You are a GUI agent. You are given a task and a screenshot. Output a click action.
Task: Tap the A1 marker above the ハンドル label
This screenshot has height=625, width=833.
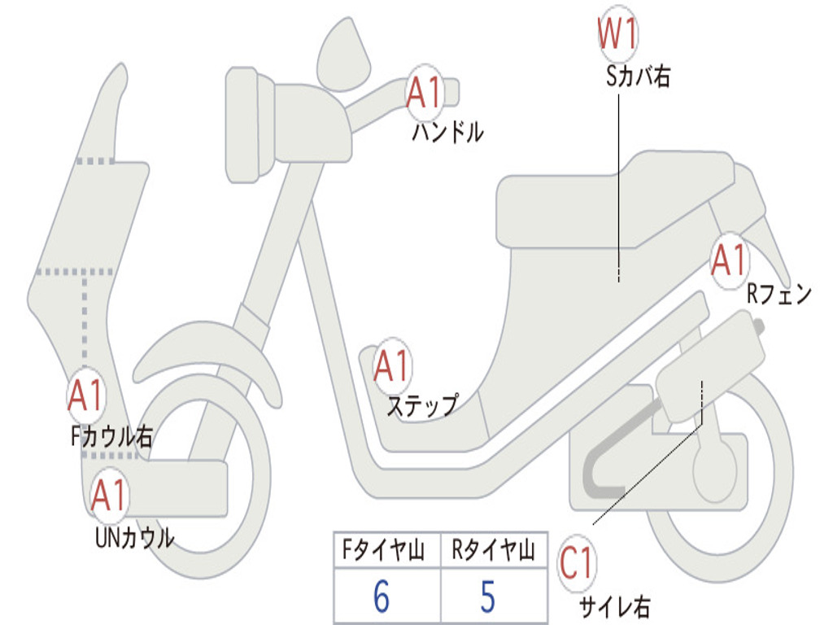(424, 93)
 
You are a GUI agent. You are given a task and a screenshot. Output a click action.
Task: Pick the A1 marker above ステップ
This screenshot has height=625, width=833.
(392, 365)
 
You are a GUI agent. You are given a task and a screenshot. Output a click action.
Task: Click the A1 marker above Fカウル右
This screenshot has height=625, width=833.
(85, 396)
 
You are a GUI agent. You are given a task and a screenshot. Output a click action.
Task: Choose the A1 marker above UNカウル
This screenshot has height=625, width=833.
(108, 496)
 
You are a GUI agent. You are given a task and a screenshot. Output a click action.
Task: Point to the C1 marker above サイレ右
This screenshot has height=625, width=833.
(578, 563)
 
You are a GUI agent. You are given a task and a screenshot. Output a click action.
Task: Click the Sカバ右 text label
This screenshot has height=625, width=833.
(639, 77)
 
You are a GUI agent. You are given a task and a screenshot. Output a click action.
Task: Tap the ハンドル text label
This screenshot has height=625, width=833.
(447, 131)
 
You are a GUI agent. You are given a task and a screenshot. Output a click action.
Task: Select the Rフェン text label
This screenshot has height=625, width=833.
(779, 295)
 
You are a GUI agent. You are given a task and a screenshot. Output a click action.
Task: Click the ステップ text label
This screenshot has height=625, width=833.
(421, 404)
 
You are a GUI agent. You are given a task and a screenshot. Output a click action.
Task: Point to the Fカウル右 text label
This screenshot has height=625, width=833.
(111, 437)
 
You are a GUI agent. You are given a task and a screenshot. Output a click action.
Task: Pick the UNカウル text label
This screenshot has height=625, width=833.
(134, 538)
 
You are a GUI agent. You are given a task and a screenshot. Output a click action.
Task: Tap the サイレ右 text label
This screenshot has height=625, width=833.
(614, 606)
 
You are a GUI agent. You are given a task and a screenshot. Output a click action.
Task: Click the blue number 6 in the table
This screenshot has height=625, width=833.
(381, 597)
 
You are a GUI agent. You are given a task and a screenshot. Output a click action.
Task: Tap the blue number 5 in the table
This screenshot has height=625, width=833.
(488, 597)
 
